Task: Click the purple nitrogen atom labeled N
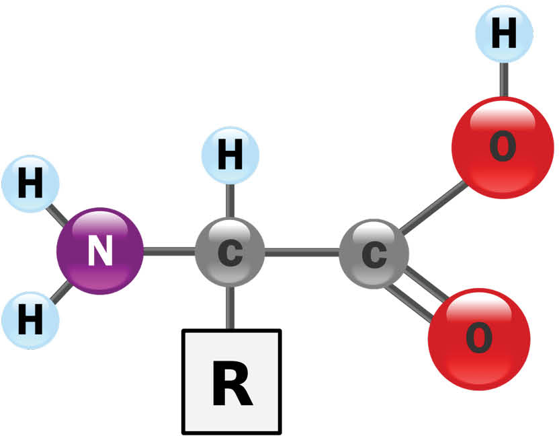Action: tap(100, 251)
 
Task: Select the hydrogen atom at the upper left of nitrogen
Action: tap(30, 184)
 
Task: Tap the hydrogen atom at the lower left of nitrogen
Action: tap(30, 320)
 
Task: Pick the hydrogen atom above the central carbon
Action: tap(230, 155)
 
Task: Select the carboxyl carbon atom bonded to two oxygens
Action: tap(374, 254)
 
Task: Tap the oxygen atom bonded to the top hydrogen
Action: tap(503, 147)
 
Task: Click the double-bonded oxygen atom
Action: tap(479, 339)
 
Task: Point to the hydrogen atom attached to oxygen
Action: tap(505, 34)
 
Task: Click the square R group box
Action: tap(232, 381)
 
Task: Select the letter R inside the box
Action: tap(232, 383)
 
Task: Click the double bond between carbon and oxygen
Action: tap(417, 294)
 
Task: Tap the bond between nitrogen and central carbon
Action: tap(169, 252)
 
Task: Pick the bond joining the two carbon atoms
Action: tap(302, 253)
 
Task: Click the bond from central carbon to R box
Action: tap(230, 307)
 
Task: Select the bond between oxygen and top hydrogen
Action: tap(504, 79)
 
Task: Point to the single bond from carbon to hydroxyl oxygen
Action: tap(433, 207)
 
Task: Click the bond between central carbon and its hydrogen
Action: tap(230, 201)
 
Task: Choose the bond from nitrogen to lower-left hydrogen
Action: tap(60, 291)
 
